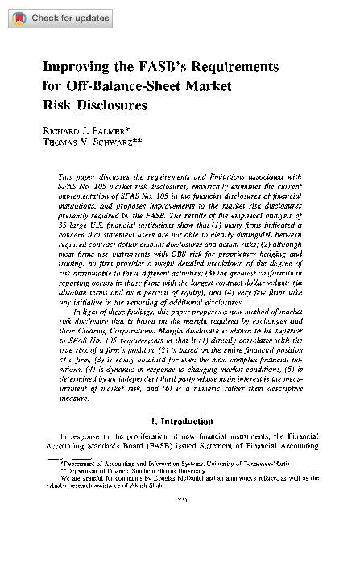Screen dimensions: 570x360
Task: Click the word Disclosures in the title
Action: click(113, 105)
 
